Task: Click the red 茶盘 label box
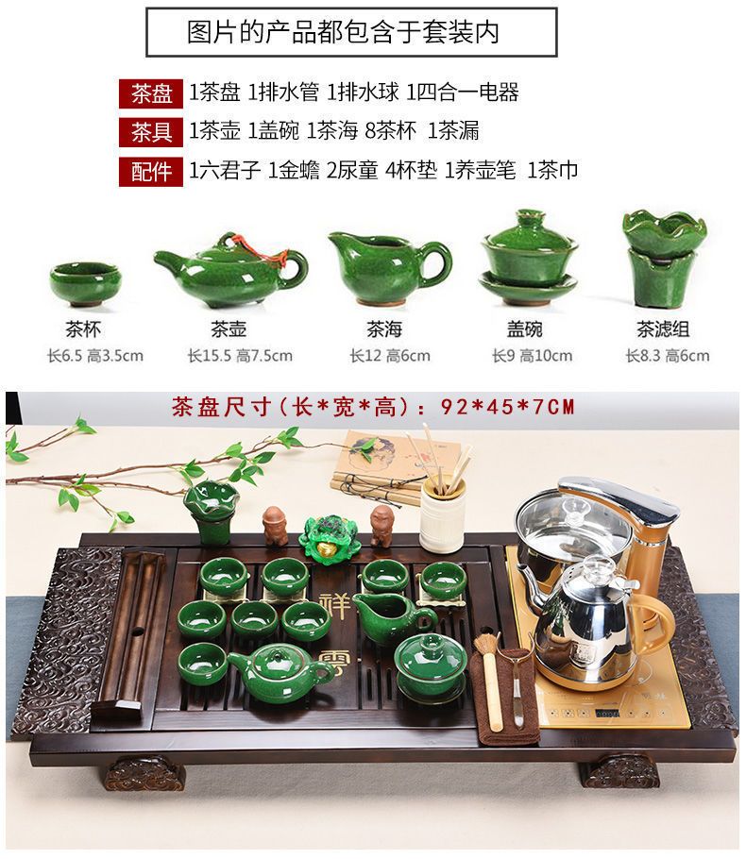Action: pos(151,93)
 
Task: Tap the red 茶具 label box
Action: pos(151,132)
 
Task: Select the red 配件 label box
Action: pos(151,172)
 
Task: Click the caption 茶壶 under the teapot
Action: pos(229,329)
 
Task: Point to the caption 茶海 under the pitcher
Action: pos(384,329)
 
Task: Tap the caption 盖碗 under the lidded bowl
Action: pos(524,329)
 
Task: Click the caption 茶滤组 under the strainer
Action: pos(663,329)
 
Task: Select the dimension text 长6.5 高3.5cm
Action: pos(95,356)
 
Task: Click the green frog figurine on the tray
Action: pos(329,536)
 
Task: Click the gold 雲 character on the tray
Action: pos(333,662)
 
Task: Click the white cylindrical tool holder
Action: pos(442,515)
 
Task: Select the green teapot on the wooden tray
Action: pos(279,673)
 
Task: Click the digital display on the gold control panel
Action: pos(607,714)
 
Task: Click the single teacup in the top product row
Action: pos(84,284)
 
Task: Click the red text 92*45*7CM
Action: pos(508,407)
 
